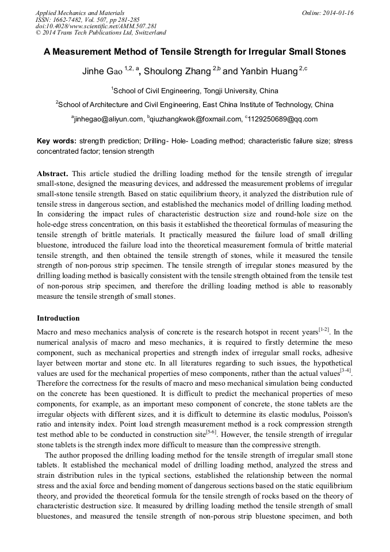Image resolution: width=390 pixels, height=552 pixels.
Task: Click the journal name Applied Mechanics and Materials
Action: coord(79,13)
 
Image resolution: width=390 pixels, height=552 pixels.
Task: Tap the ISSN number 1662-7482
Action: coord(71,20)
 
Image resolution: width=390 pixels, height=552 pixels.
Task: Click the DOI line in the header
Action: coord(96,26)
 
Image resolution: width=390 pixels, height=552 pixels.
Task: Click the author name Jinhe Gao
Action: coord(102,72)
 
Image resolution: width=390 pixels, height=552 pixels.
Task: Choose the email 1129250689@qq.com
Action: coord(282,119)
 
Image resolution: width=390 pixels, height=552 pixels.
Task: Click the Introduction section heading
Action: coord(58,318)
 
